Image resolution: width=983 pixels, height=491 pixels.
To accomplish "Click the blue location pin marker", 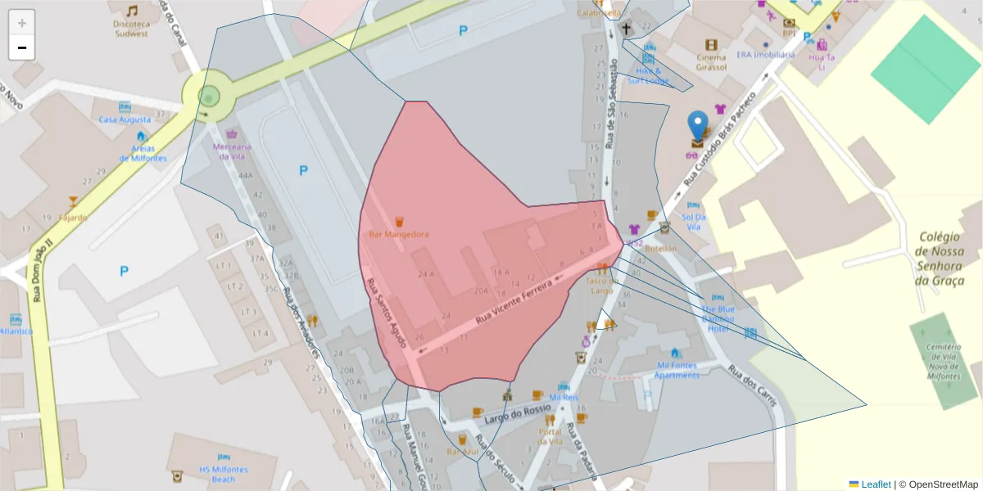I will [x=698, y=127].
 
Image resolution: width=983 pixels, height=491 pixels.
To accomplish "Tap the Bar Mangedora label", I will [x=399, y=235].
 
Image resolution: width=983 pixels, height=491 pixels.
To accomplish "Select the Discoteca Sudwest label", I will [x=132, y=29].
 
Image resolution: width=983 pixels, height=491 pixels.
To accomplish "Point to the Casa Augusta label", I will [x=125, y=119].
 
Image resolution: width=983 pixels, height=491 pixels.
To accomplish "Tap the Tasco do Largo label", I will [x=600, y=285].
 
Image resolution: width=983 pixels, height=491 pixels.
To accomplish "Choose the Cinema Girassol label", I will [x=711, y=62].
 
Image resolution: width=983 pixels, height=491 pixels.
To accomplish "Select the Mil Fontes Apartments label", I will [x=677, y=370].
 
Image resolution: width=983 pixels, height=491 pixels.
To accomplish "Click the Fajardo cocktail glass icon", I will [x=73, y=201].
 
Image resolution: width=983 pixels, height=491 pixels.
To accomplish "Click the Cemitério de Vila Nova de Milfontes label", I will [x=944, y=361].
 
